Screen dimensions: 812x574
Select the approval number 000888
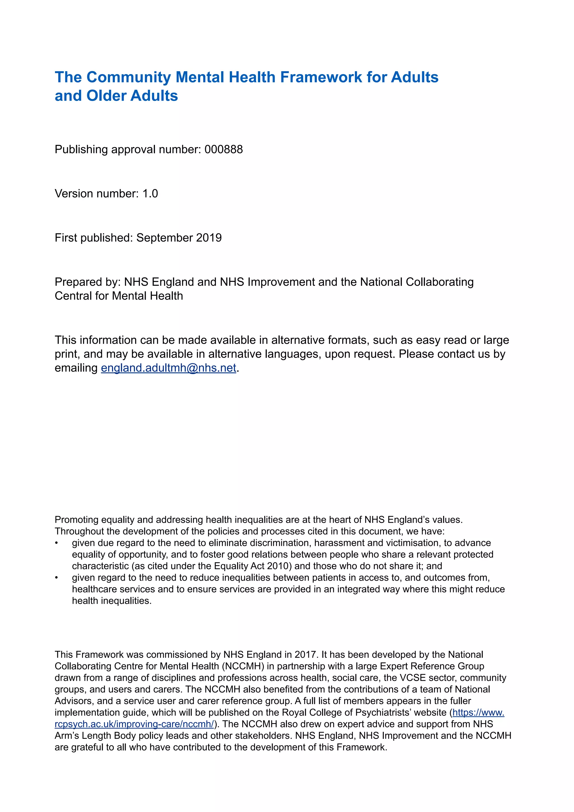223,150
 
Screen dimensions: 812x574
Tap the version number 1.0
150,194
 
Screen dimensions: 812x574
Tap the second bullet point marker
56,578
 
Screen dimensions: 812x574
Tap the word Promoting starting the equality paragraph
76,520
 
